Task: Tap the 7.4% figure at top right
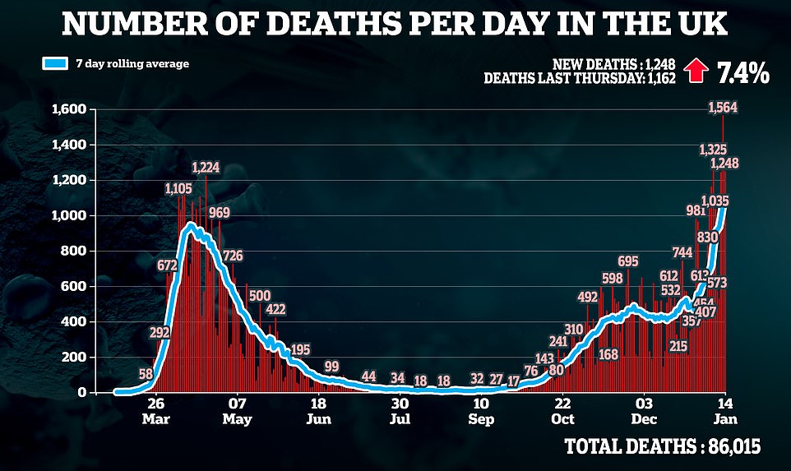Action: tap(743, 74)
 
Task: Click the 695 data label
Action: tap(628, 261)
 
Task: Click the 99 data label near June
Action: tap(332, 367)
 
